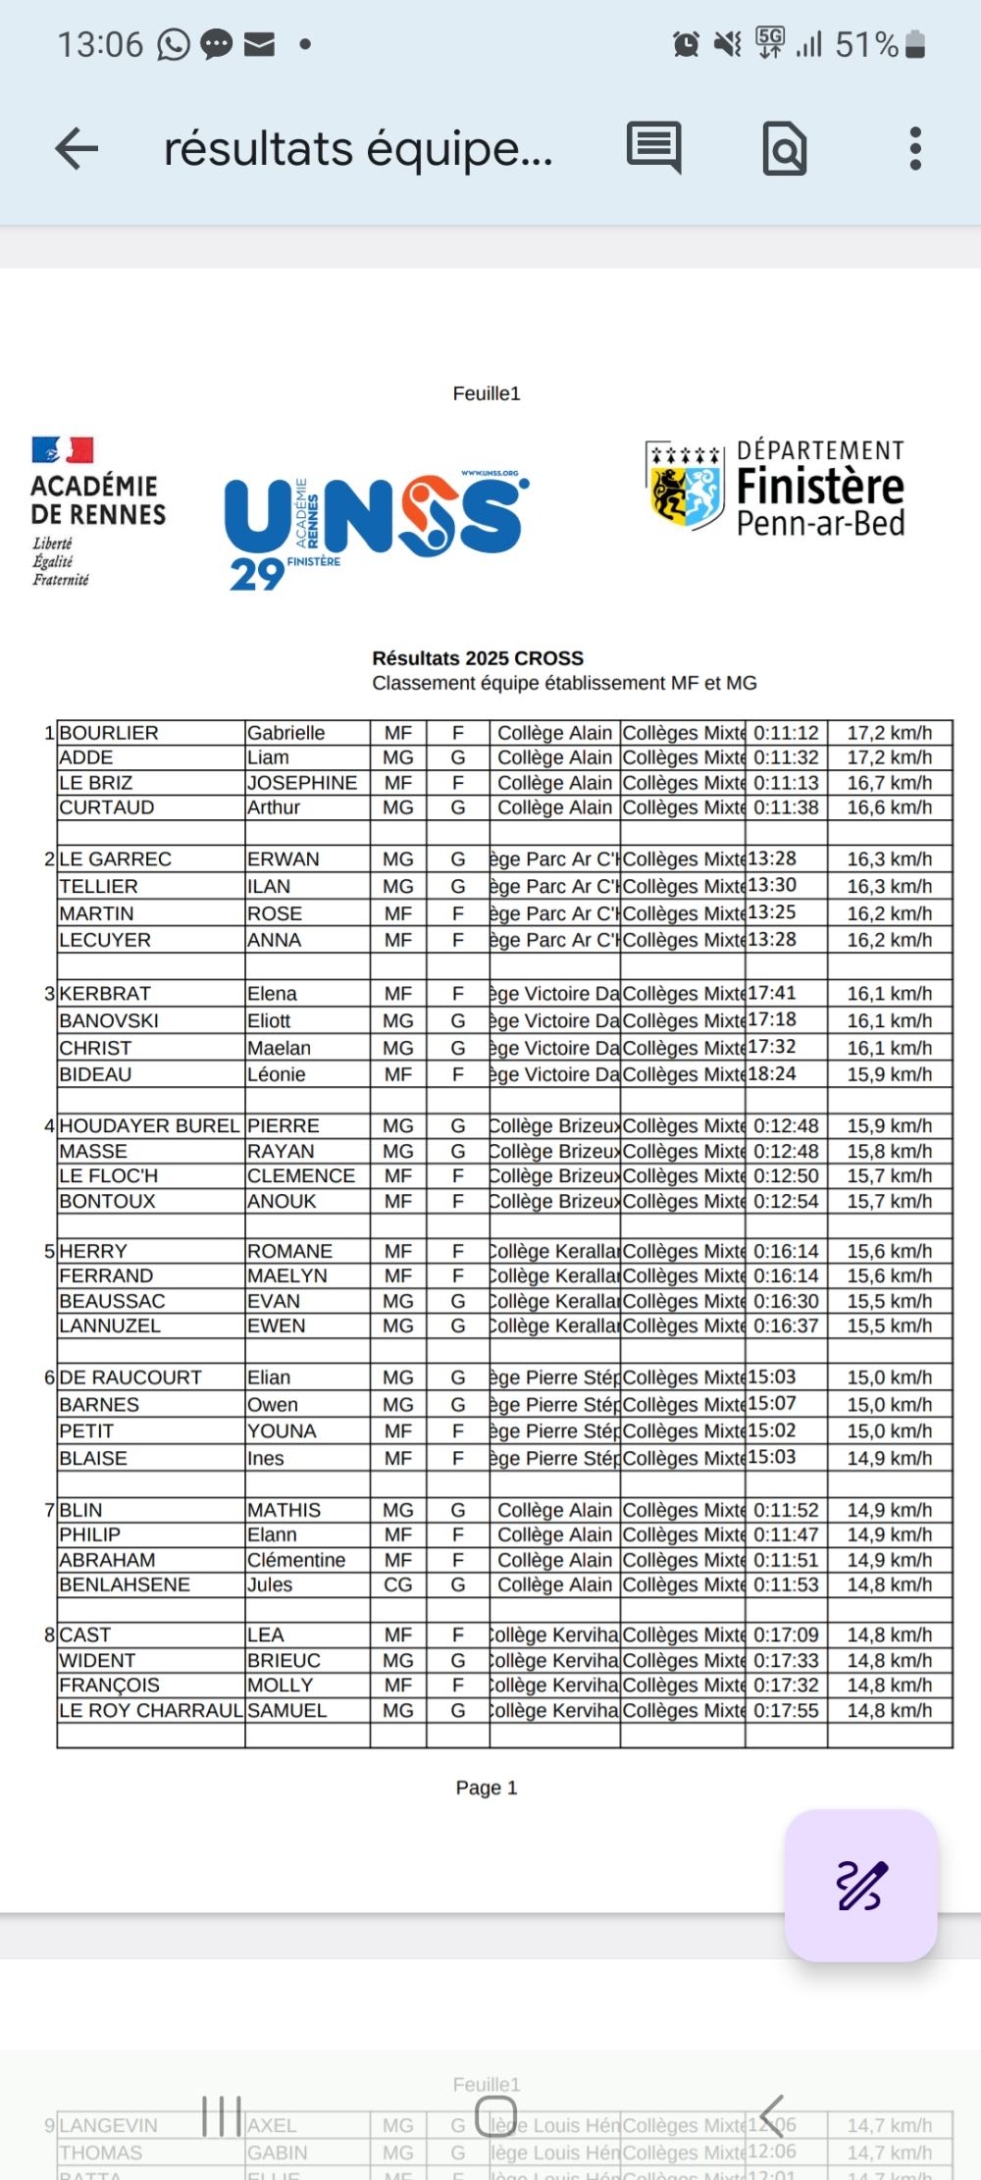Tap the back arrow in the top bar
pos(77,149)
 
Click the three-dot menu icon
pos(914,149)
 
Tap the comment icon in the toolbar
pos(653,149)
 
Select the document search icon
pos(785,149)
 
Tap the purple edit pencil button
pos(861,1885)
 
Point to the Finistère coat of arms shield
pos(685,485)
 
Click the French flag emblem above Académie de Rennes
pos(63,450)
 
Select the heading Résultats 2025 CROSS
pos(478,658)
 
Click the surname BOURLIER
pos(109,733)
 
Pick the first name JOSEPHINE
pos(302,783)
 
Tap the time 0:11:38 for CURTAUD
pos(786,807)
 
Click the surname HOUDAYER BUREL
pos(149,1125)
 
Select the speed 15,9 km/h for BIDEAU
pos(889,1074)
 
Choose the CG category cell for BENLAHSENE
pos(398,1584)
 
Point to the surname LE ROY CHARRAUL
pos(151,1710)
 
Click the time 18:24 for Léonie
pos(773,1074)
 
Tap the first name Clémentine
pos(296,1560)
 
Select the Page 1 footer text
pos(486,1788)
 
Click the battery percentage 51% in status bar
pos(866,45)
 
